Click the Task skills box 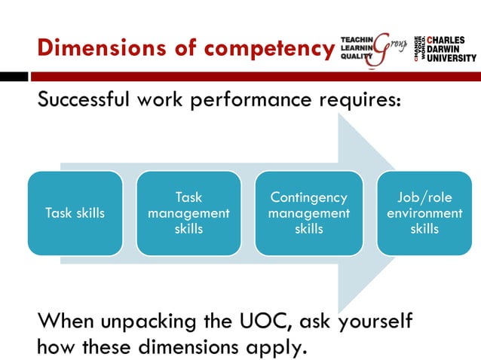(75, 213)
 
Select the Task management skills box (188, 213)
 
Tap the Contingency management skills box (309, 213)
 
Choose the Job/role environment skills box (424, 213)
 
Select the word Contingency (309, 198)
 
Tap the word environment (424, 213)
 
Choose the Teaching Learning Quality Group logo (373, 48)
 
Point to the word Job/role (424, 198)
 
